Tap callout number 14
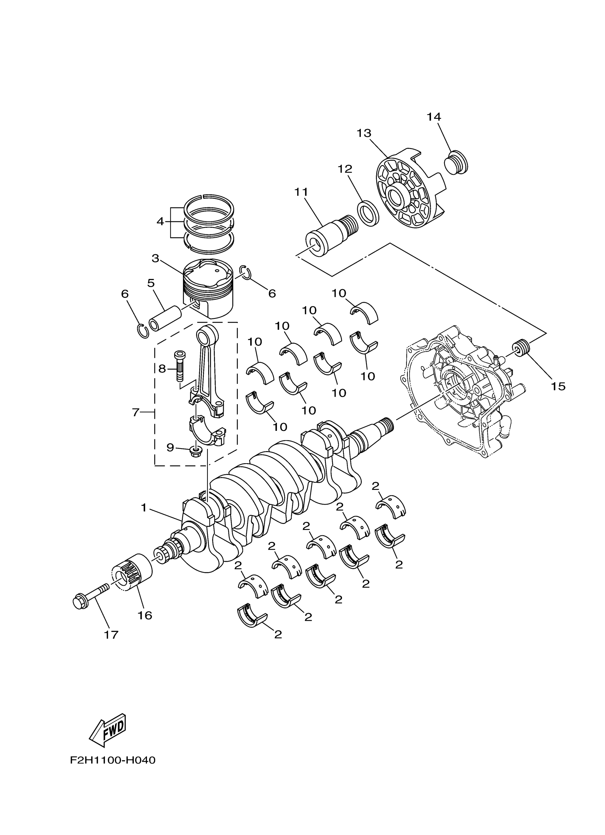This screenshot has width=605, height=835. coord(434,117)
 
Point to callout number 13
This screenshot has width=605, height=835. coord(364,133)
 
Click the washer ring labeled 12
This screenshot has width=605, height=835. coord(368,213)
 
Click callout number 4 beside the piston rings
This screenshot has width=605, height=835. coord(160,221)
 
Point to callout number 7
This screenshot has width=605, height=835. coord(136,413)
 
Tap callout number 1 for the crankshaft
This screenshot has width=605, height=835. coord(144,508)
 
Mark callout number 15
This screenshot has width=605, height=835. coord(558,386)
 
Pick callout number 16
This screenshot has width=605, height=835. coord(145,615)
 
